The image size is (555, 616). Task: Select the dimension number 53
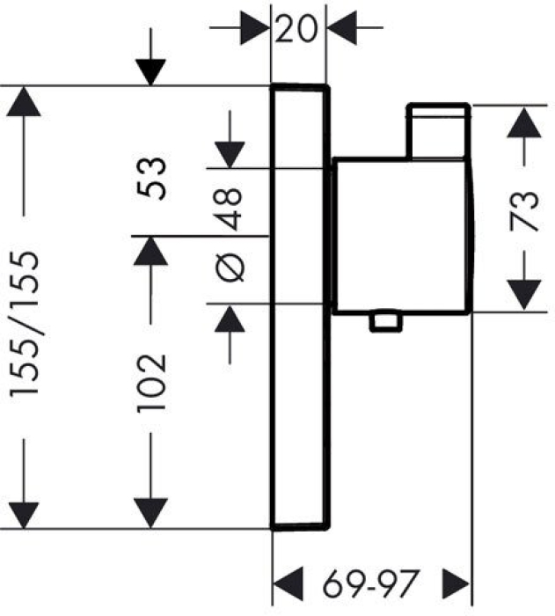pos(152,180)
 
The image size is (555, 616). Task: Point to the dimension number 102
pos(152,384)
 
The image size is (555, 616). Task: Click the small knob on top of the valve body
pos(437,132)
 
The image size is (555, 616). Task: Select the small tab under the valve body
pos(385,323)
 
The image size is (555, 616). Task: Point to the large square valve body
pos(400,236)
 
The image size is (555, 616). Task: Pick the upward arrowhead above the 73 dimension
pos(525,122)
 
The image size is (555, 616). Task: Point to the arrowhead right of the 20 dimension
pos(341,28)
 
